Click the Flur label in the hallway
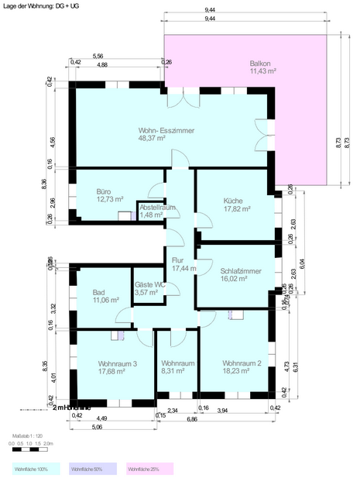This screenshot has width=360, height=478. click(x=178, y=261)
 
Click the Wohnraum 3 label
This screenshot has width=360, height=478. click(x=118, y=363)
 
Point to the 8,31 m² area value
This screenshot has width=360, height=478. click(x=177, y=371)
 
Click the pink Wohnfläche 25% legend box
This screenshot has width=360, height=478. click(x=149, y=469)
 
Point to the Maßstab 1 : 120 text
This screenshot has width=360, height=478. click(x=28, y=436)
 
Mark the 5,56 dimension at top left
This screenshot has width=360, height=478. click(x=98, y=57)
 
